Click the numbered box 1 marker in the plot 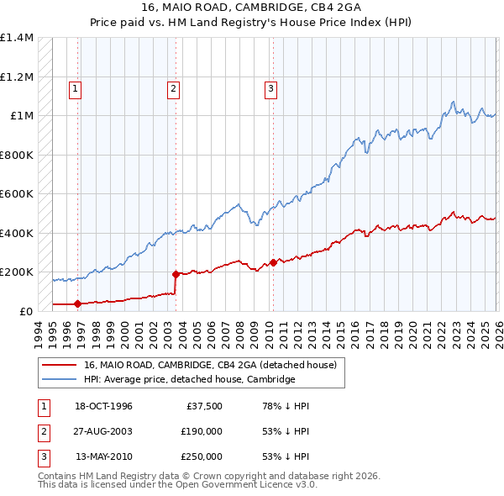click(x=76, y=88)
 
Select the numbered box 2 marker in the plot click(x=173, y=88)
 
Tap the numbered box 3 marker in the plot click(x=271, y=88)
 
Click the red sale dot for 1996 click(x=78, y=303)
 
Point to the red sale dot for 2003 click(x=176, y=274)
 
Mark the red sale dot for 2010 click(x=273, y=262)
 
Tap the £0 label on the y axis click(x=25, y=310)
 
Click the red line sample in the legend click(x=59, y=365)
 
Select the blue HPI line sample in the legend click(x=59, y=379)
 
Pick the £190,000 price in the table click(x=201, y=431)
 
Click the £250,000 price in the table click(x=201, y=456)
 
